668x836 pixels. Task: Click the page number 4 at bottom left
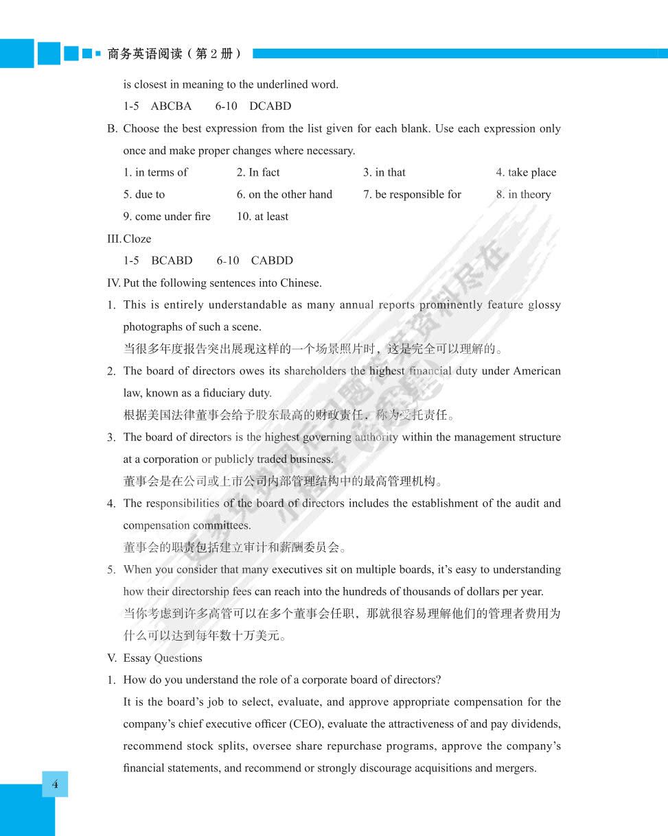(x=55, y=784)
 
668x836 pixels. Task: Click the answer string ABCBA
(x=171, y=106)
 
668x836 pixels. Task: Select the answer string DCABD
(x=270, y=106)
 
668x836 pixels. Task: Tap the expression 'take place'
(x=532, y=172)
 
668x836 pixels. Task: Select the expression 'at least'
(x=272, y=217)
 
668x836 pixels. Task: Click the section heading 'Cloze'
(x=137, y=239)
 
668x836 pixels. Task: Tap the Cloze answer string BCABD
(x=172, y=261)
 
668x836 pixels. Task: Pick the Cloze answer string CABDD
(x=272, y=261)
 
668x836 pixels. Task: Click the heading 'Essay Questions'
(x=163, y=658)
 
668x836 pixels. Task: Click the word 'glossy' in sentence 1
(x=544, y=305)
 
